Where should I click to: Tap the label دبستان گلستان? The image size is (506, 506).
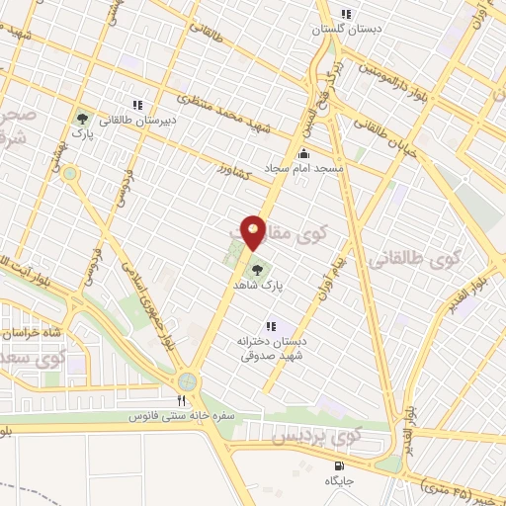click(x=347, y=30)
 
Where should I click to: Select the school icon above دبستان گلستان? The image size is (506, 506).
click(x=346, y=14)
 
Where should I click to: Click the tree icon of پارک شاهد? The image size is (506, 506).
click(x=257, y=267)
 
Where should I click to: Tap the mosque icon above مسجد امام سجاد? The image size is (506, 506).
click(x=302, y=154)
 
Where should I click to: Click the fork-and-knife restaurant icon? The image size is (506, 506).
click(x=180, y=400)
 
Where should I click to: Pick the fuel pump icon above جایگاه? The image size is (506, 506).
click(x=340, y=465)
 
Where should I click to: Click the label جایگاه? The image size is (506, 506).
click(x=340, y=480)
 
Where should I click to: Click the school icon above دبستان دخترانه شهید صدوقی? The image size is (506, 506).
click(x=270, y=326)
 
